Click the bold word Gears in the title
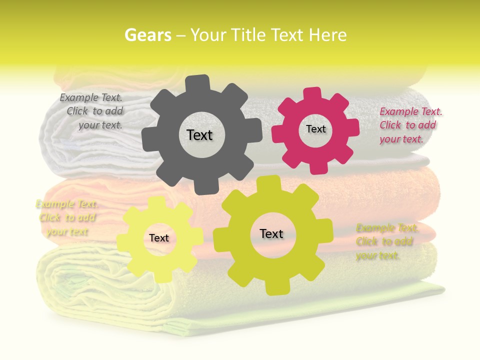147,35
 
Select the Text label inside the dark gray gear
199,135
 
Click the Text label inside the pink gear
315,129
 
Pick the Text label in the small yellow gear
159,238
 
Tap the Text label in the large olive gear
271,233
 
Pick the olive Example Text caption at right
386,241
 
